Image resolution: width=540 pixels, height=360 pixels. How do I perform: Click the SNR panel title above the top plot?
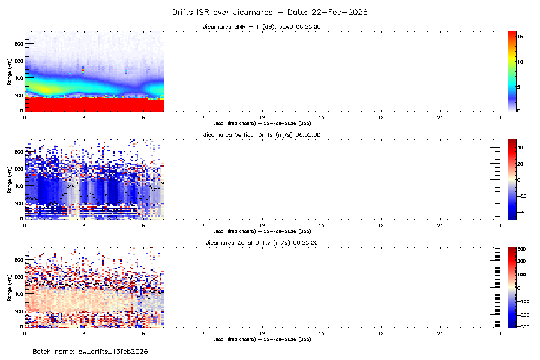262,26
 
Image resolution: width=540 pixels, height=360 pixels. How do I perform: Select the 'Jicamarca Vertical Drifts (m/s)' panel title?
262,134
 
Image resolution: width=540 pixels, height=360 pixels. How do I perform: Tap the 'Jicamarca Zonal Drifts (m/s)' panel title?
262,242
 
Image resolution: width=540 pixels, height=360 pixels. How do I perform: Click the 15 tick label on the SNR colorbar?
521,37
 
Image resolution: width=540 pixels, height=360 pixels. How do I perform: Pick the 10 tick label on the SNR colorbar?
521,62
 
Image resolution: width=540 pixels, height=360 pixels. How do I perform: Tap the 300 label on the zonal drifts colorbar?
522,248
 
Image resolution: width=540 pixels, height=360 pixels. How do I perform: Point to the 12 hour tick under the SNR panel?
262,117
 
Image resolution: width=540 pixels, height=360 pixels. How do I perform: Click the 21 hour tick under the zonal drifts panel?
440,333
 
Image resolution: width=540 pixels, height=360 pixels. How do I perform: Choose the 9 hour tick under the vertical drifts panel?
202,225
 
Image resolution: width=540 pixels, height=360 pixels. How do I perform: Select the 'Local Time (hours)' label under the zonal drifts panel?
262,339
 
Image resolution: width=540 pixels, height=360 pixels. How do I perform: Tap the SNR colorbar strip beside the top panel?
512,70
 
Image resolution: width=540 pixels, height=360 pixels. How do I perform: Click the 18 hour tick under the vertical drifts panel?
380,225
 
